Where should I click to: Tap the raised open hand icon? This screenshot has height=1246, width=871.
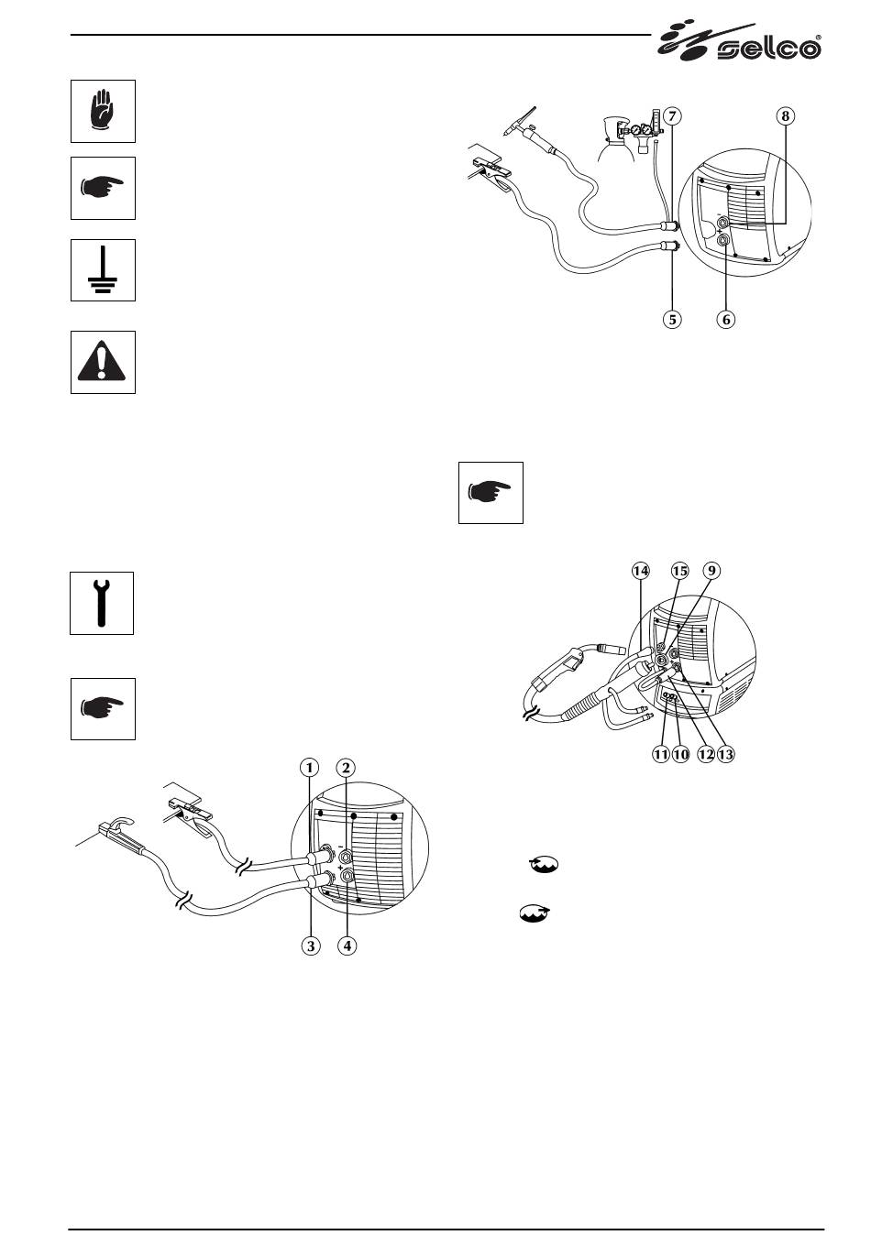point(103,111)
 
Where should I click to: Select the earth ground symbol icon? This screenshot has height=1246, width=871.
point(103,270)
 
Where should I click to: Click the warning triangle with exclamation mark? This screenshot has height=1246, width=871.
point(103,363)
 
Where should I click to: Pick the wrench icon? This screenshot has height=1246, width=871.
point(102,603)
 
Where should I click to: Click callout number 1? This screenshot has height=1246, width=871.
point(311,767)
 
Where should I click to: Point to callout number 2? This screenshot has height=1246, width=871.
point(346,767)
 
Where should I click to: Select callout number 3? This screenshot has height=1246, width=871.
point(311,945)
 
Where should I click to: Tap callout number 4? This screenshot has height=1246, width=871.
point(346,945)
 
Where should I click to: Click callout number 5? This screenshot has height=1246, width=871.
point(673,320)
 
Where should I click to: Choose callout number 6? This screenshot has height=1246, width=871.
point(726,320)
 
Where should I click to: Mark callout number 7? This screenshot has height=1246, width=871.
point(673,116)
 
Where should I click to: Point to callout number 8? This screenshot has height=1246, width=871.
point(785,116)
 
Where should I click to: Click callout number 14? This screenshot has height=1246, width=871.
point(641,571)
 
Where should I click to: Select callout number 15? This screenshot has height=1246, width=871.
point(679,571)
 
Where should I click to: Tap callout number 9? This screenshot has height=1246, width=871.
point(711,571)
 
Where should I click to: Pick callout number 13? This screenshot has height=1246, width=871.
point(726,754)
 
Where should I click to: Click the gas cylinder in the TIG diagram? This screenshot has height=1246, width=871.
point(613,141)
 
